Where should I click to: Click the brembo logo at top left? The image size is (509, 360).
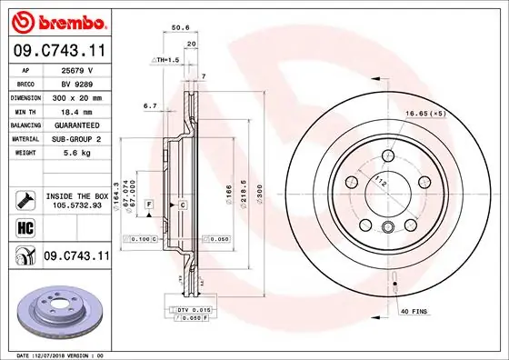(x=56, y=20)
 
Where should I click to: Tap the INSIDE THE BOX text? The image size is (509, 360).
(x=76, y=196)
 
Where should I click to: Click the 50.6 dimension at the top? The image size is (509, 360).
(x=180, y=28)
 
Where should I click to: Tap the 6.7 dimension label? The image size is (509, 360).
(x=150, y=105)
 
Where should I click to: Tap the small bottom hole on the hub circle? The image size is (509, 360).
(x=388, y=227)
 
